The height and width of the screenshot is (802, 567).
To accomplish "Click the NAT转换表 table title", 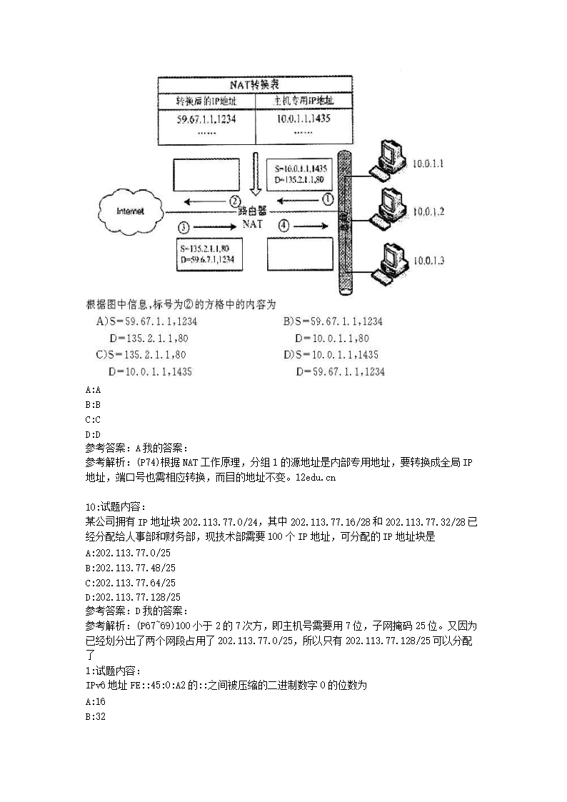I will pyautogui.click(x=255, y=84).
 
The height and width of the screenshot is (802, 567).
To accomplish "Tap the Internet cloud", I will pyautogui.click(x=130, y=211).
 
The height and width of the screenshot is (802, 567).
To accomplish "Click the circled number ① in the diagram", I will pyautogui.click(x=328, y=200).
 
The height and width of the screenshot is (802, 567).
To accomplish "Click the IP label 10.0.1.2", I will pyautogui.click(x=428, y=212).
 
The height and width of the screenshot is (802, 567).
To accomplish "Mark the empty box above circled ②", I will pyautogui.click(x=206, y=175).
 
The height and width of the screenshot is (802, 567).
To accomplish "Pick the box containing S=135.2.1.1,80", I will pyautogui.click(x=208, y=254).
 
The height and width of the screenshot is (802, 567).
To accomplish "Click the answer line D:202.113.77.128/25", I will pyautogui.click(x=132, y=597).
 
